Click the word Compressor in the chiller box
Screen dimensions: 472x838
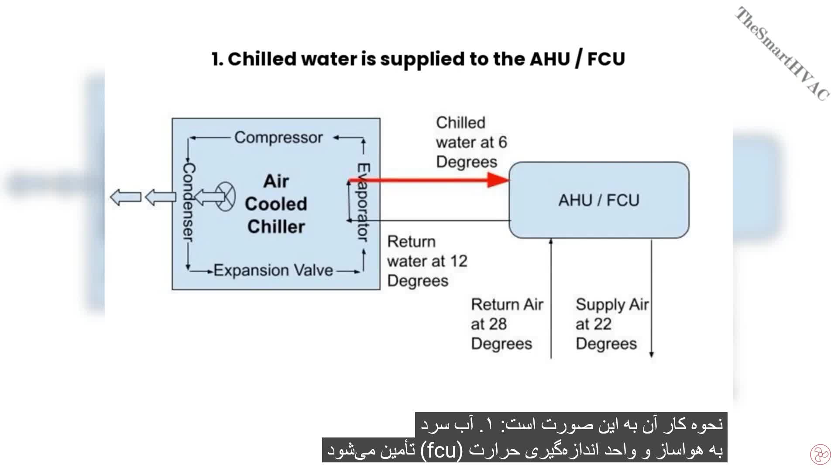pyautogui.click(x=278, y=138)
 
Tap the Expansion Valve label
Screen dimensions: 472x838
pyautogui.click(x=273, y=271)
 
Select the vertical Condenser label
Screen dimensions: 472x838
pyautogui.click(x=188, y=202)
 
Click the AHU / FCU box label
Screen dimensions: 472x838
pyautogui.click(x=599, y=200)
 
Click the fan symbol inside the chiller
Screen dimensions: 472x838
pyautogui.click(x=225, y=197)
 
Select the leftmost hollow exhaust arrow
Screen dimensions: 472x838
pyautogui.click(x=125, y=197)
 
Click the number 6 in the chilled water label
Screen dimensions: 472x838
pyautogui.click(x=502, y=142)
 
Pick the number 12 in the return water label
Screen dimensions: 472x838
pyautogui.click(x=459, y=261)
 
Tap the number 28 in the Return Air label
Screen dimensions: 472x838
pyautogui.click(x=498, y=324)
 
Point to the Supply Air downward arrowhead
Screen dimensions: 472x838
pyautogui.click(x=652, y=354)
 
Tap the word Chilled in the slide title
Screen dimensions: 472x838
pyautogui.click(x=262, y=59)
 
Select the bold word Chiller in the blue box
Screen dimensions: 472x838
pyautogui.click(x=276, y=227)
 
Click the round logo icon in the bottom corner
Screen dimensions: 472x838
pyautogui.click(x=820, y=455)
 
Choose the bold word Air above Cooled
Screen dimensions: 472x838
pyautogui.click(x=276, y=181)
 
